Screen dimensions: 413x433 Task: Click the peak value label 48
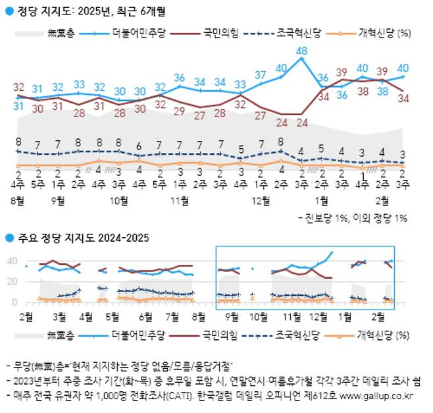(x=302, y=51)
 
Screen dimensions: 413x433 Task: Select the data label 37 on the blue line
(x=261, y=74)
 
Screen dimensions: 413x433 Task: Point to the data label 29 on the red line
(x=179, y=111)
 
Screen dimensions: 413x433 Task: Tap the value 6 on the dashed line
(x=139, y=146)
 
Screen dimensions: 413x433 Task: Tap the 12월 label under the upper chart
(x=262, y=199)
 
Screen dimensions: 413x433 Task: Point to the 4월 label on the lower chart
(x=86, y=316)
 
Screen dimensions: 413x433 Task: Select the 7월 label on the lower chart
(x=173, y=316)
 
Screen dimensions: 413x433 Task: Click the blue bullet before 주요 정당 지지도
(x=9, y=237)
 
